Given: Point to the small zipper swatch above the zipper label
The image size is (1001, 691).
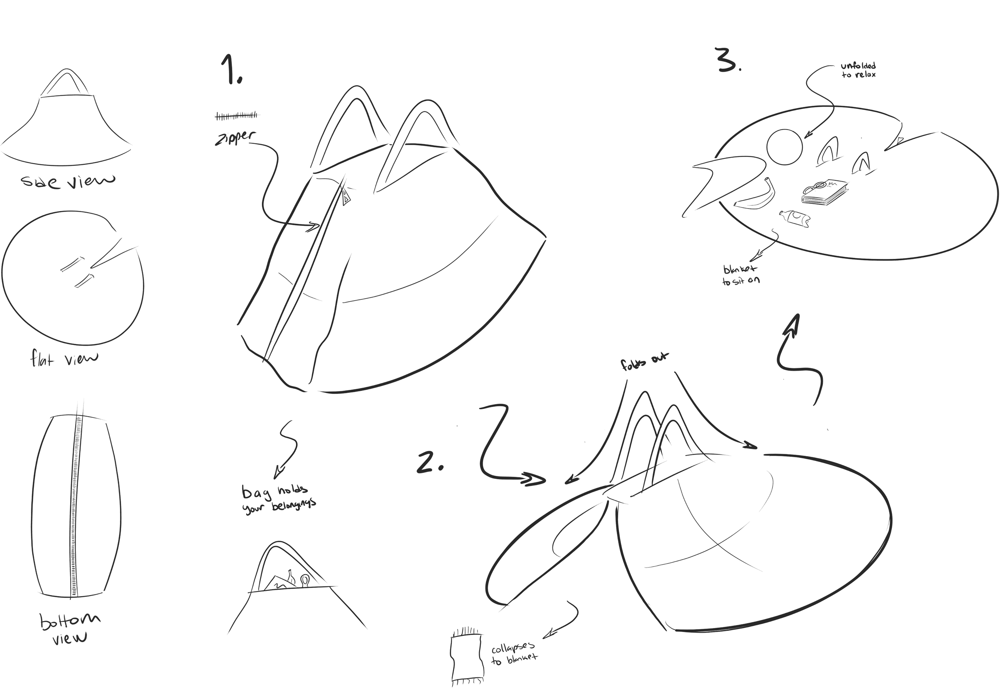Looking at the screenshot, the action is [x=236, y=116].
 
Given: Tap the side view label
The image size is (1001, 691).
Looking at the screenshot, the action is [x=68, y=180].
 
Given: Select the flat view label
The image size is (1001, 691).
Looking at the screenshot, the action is [x=64, y=359].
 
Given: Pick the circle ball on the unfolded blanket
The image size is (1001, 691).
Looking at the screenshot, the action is [x=784, y=147].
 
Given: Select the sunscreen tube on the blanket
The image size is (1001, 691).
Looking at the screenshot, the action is [x=795, y=217].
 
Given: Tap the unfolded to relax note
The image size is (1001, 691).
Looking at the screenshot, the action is [x=858, y=70].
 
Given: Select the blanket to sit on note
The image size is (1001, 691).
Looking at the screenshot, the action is [x=741, y=275].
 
